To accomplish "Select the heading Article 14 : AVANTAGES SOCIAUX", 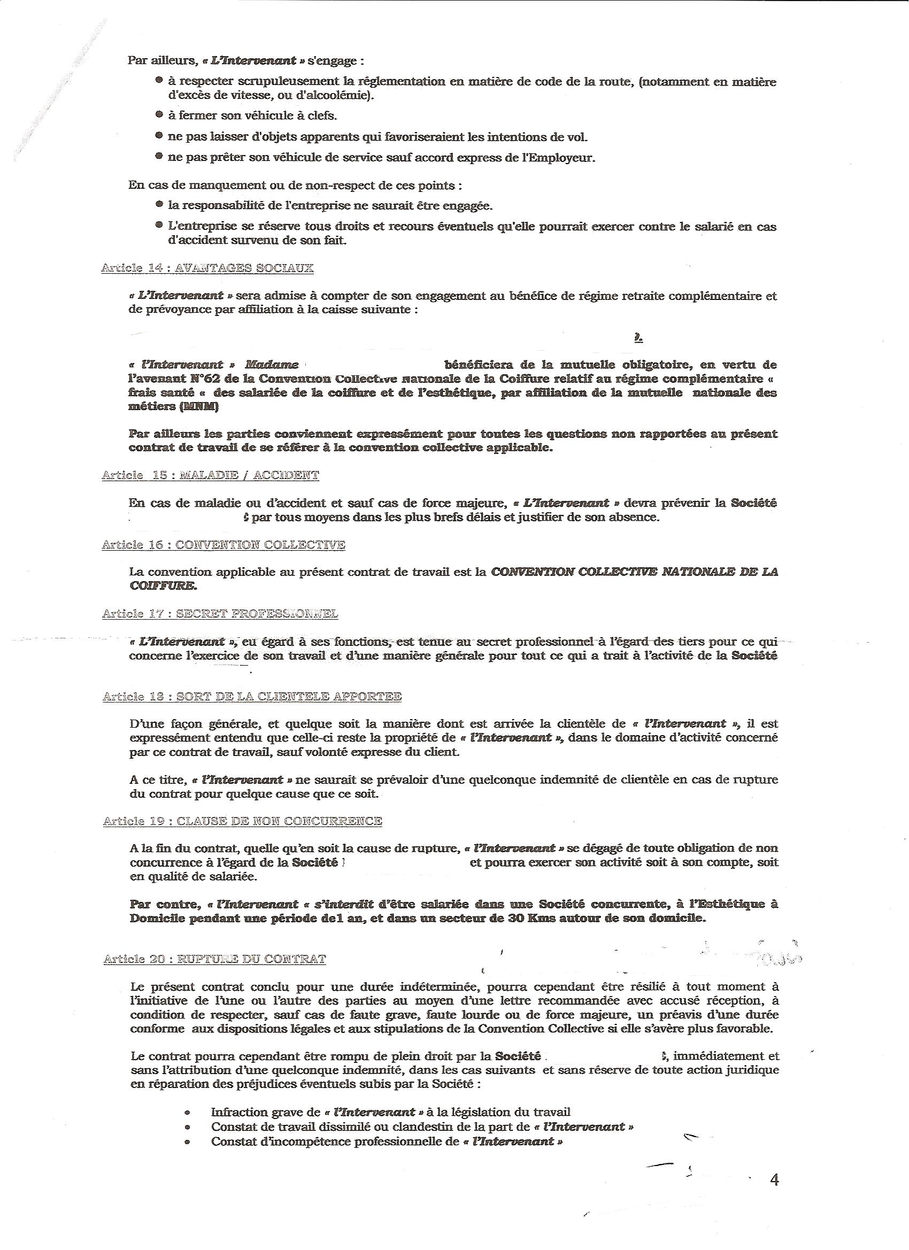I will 207,268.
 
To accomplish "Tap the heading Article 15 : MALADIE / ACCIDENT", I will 210,475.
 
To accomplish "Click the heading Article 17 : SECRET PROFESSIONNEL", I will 220,614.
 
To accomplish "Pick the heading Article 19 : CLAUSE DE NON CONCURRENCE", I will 243,821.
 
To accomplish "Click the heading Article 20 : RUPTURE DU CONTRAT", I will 214,959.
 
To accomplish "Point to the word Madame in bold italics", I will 271,365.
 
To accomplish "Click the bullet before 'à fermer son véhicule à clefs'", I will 159,115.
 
